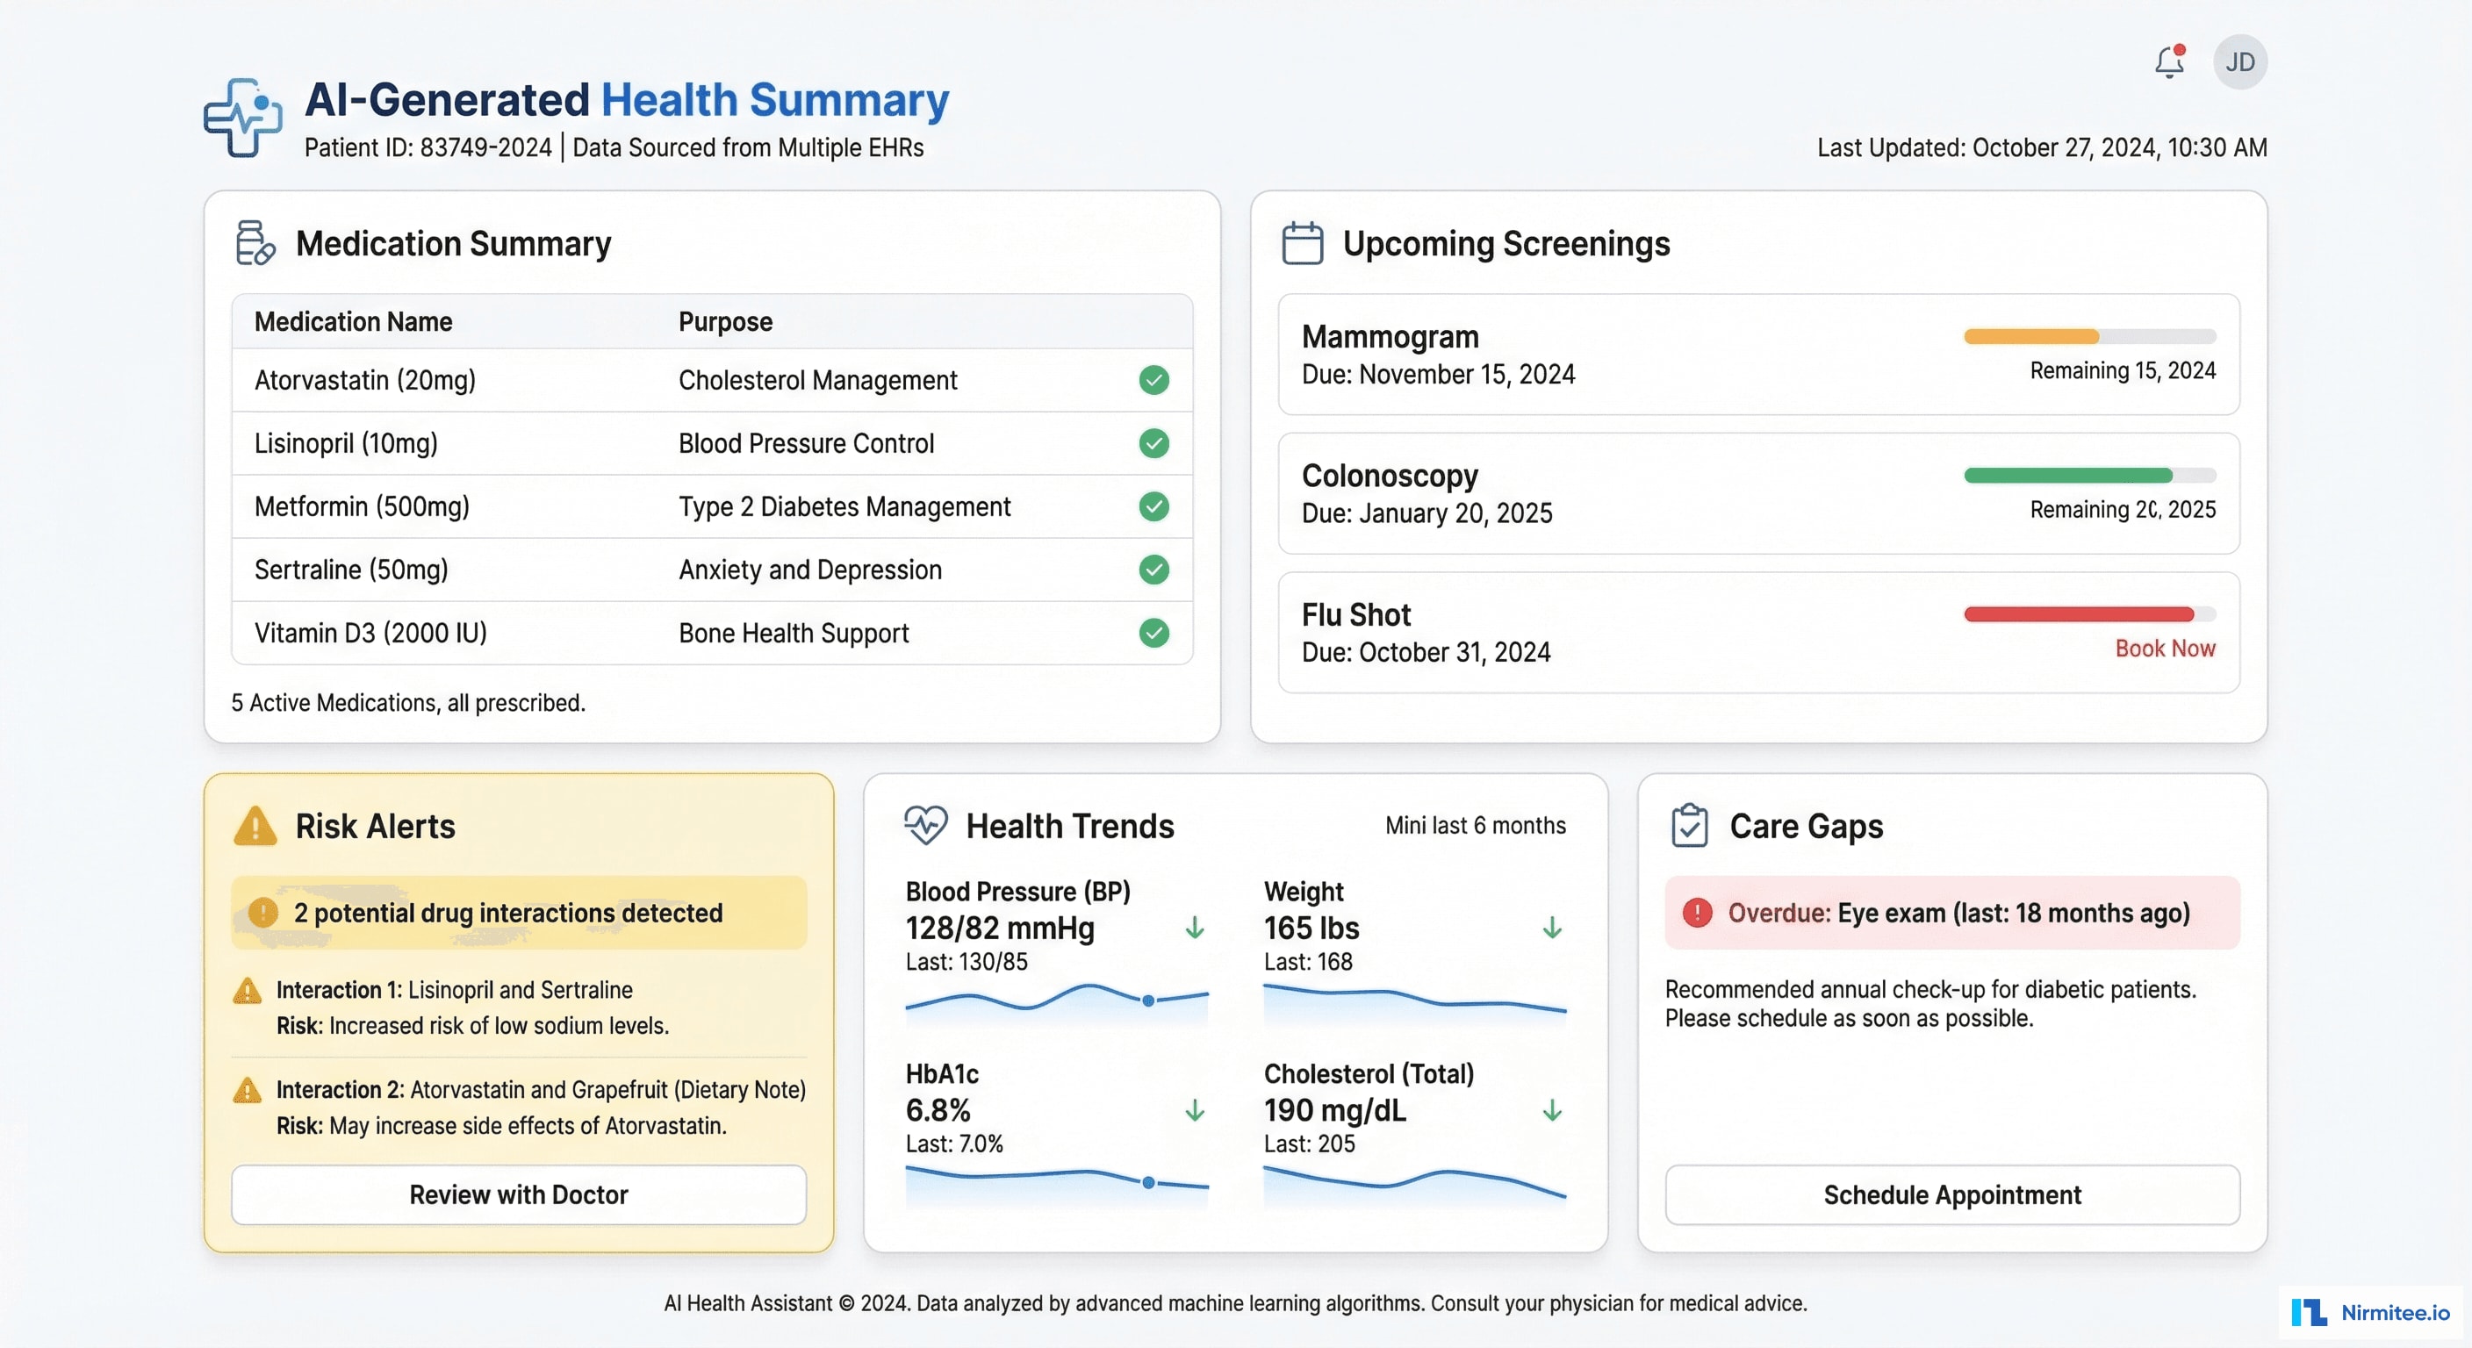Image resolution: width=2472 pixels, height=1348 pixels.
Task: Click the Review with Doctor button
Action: pyautogui.click(x=518, y=1194)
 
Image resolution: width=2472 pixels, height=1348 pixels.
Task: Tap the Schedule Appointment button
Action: pyautogui.click(x=1952, y=1194)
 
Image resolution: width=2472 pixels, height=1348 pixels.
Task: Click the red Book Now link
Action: pyautogui.click(x=2165, y=649)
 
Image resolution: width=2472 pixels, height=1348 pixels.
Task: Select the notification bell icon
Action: pyautogui.click(x=2169, y=62)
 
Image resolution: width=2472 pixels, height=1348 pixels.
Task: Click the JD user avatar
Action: pyautogui.click(x=2239, y=62)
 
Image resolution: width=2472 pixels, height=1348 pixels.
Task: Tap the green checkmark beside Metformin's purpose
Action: pyautogui.click(x=1153, y=506)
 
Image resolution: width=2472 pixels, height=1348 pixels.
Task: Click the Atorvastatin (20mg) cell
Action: pyautogui.click(x=364, y=380)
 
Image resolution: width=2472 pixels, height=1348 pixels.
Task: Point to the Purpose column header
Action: pyautogui.click(x=725, y=321)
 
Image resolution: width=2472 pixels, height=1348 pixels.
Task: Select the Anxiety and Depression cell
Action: pyautogui.click(x=810, y=570)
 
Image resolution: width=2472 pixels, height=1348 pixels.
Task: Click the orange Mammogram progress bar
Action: pyautogui.click(x=2030, y=337)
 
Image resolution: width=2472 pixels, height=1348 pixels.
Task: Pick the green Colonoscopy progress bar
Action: pyautogui.click(x=2067, y=476)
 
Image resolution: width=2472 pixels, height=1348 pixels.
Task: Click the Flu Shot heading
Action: pyautogui.click(x=1356, y=614)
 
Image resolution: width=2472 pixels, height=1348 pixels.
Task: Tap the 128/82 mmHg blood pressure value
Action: pyautogui.click(x=999, y=928)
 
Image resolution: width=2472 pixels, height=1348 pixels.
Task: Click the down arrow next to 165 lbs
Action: pyautogui.click(x=1552, y=928)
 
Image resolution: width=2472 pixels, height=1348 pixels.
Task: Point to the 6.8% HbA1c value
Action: pyautogui.click(x=938, y=1110)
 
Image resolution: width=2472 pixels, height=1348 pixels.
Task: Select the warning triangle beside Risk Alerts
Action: pyautogui.click(x=255, y=826)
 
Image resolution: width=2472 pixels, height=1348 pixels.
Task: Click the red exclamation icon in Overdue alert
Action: pyautogui.click(x=1697, y=913)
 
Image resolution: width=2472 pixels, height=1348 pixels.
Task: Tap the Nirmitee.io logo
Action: pyautogui.click(x=2370, y=1311)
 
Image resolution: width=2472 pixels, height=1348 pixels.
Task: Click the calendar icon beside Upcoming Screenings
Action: pyautogui.click(x=1302, y=244)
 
